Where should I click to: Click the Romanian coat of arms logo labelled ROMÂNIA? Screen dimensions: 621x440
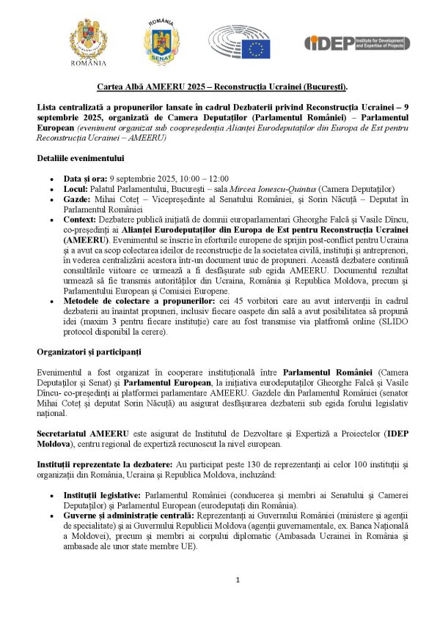pos(87,42)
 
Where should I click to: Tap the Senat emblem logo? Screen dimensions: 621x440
pos(160,40)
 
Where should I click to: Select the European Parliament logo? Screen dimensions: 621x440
pos(239,42)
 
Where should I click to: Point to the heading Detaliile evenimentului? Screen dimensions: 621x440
pos(80,158)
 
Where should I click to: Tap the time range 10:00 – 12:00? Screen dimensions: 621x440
pos(205,178)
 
